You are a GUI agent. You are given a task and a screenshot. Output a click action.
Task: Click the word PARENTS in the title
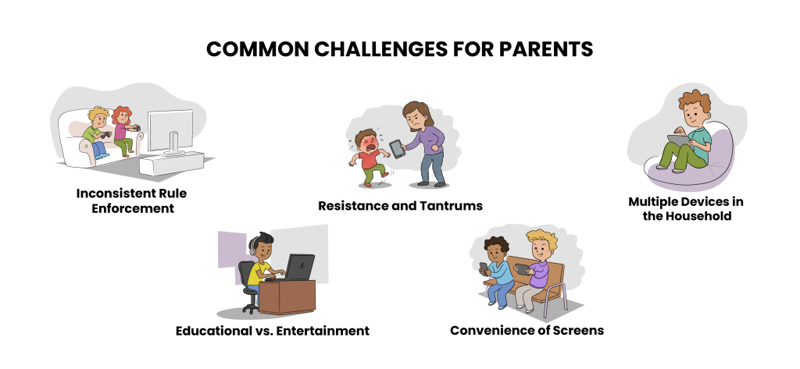(546, 49)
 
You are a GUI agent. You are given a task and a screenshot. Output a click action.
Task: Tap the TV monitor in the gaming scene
(171, 131)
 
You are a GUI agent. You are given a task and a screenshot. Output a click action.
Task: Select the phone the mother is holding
(397, 149)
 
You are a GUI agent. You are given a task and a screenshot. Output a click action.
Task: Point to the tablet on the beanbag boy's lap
(679, 140)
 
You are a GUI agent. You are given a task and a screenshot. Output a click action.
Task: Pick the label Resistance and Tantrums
(401, 206)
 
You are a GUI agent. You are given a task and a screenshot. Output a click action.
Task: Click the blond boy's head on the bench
(541, 245)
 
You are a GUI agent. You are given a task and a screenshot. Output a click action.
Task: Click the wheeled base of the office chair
(251, 306)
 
